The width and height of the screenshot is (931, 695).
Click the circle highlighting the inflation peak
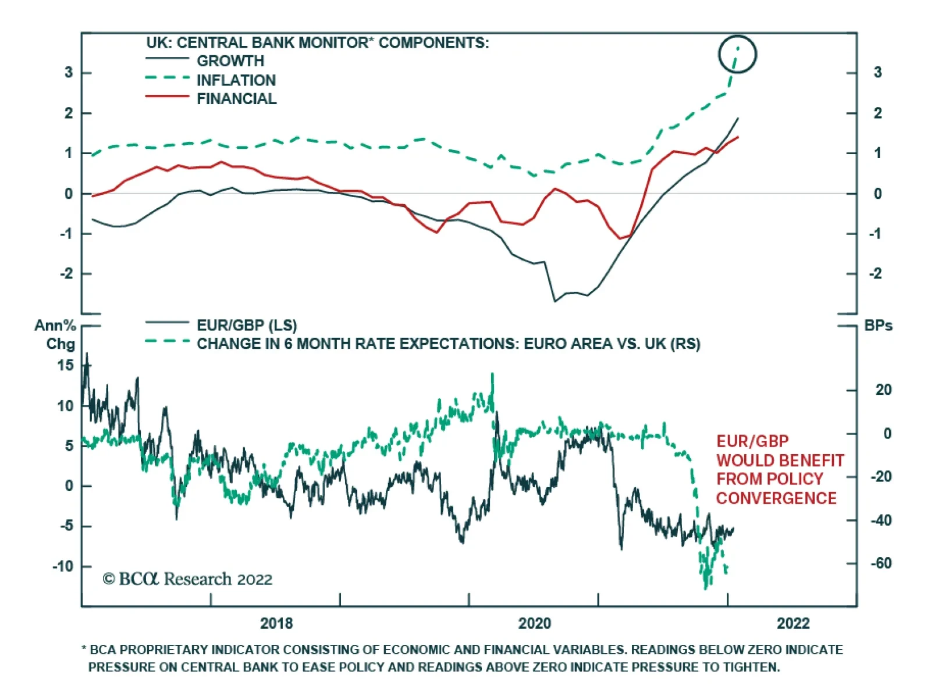click(x=737, y=54)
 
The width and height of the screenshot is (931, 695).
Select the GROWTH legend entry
click(x=230, y=61)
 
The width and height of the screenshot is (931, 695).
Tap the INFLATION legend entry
click(x=236, y=80)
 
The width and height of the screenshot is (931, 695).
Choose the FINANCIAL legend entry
click(x=236, y=99)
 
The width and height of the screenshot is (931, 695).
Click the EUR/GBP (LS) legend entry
click(x=246, y=325)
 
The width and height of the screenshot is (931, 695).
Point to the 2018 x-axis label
click(x=276, y=623)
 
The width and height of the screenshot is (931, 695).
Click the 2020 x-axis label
click(x=534, y=623)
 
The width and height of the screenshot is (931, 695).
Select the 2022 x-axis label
click(x=793, y=623)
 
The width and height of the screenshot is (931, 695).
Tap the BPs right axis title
click(x=878, y=326)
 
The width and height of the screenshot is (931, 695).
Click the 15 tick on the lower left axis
click(x=66, y=366)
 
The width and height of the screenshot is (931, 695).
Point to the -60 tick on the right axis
click(x=880, y=564)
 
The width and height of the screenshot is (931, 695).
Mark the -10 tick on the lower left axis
click(x=63, y=566)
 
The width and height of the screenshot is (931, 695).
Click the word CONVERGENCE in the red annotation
click(x=776, y=498)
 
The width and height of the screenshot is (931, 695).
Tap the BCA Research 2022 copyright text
click(x=187, y=579)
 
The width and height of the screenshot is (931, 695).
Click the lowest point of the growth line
click(x=555, y=301)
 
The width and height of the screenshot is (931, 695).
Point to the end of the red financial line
click(x=738, y=137)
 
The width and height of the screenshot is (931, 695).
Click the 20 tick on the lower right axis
click(x=883, y=390)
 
